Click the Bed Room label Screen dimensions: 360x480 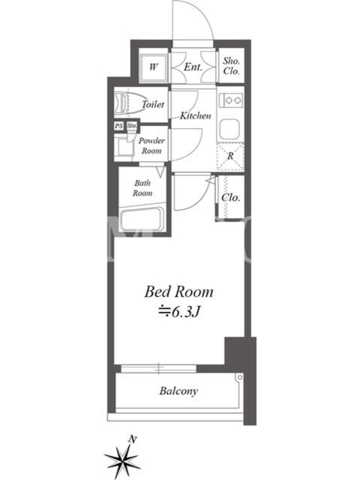pyautogui.click(x=179, y=292)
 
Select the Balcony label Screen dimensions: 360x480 pyautogui.click(x=178, y=391)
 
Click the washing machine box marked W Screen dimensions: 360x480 pyautogui.click(x=154, y=67)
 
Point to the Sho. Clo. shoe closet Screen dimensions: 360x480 pyautogui.click(x=232, y=65)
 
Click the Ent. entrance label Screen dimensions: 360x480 pyautogui.click(x=193, y=67)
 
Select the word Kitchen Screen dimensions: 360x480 pyautogui.click(x=196, y=115)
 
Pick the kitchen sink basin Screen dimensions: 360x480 pyautogui.click(x=229, y=129)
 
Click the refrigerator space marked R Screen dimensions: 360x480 pyautogui.click(x=230, y=156)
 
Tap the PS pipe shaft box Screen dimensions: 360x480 pyautogui.click(x=119, y=126)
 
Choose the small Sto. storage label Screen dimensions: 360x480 pyautogui.click(x=132, y=125)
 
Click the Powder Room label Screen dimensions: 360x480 pyautogui.click(x=152, y=146)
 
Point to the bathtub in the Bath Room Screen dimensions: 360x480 pyautogui.click(x=142, y=219)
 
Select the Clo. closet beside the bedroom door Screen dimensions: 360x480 pyautogui.click(x=230, y=197)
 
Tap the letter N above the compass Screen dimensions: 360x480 pyautogui.click(x=132, y=440)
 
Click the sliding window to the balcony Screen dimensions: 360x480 pyautogui.click(x=158, y=368)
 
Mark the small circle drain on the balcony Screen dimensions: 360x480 pyautogui.click(x=240, y=377)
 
